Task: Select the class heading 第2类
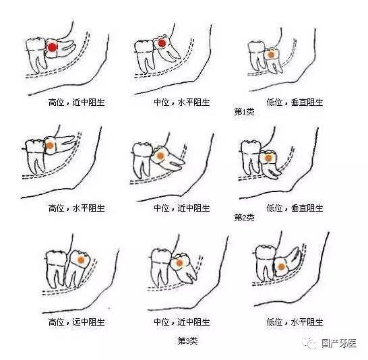click(244, 217)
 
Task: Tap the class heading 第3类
click(187, 340)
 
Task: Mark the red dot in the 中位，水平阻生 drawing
click(162, 44)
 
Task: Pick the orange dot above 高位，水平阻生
click(51, 144)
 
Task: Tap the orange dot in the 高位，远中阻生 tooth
click(80, 259)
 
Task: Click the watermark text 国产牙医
click(340, 342)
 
